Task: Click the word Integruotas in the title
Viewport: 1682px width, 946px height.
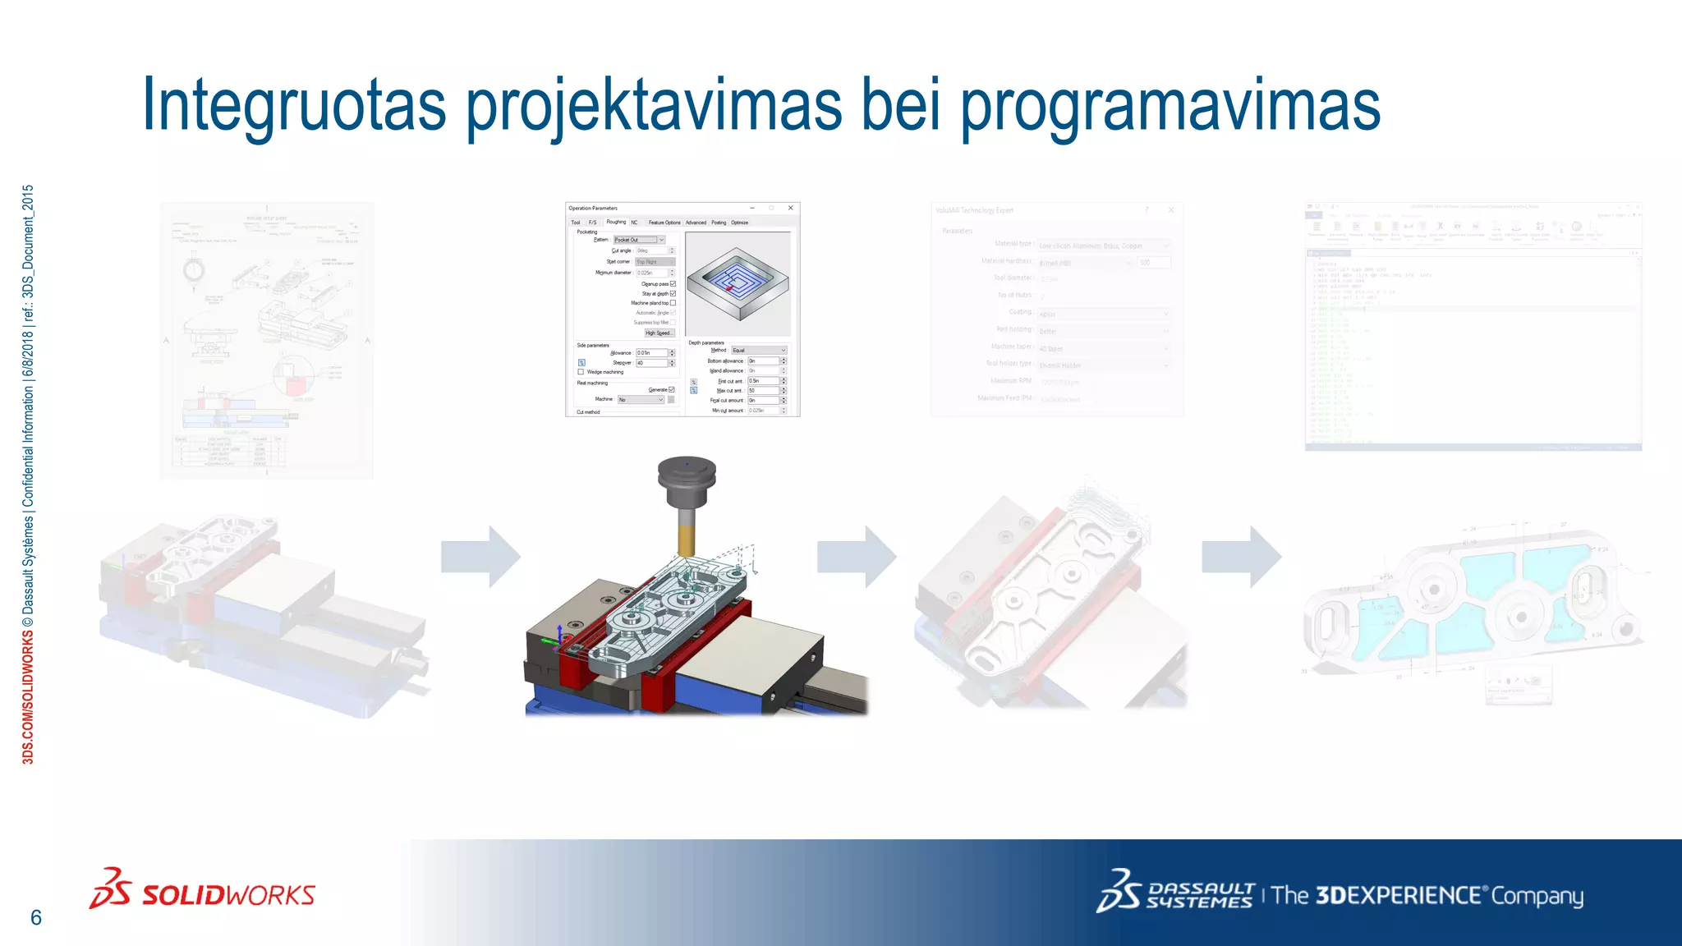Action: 293,105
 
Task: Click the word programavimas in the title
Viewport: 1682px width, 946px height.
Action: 1170,105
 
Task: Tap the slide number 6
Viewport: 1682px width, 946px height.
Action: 36,917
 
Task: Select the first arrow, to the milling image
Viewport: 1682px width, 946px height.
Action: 480,558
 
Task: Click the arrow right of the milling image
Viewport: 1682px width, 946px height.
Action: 857,558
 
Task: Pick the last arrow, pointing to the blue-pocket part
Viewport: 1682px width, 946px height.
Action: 1241,558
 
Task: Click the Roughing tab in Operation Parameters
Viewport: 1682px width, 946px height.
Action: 616,222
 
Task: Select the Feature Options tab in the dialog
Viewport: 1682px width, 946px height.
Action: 664,223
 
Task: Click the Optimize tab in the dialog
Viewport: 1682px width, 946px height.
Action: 739,223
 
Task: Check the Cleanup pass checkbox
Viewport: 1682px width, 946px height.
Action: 673,284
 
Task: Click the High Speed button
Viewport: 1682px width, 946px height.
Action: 658,333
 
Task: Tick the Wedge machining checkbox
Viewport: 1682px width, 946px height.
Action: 581,372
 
